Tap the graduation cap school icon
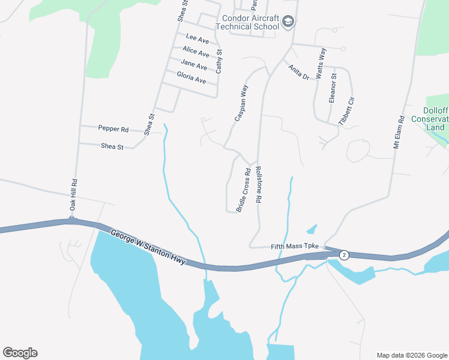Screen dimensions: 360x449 point(289,22)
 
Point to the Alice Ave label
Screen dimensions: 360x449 point(196,52)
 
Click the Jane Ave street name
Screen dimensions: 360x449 point(193,65)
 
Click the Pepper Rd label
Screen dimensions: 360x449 point(113,129)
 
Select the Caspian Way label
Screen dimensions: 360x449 point(241,103)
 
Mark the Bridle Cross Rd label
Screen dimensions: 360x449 point(243,190)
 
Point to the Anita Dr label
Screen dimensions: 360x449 point(298,73)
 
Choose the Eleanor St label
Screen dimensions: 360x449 point(333,88)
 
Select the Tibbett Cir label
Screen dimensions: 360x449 point(346,111)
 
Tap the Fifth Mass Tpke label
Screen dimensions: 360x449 point(295,246)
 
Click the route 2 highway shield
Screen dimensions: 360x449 point(344,255)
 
